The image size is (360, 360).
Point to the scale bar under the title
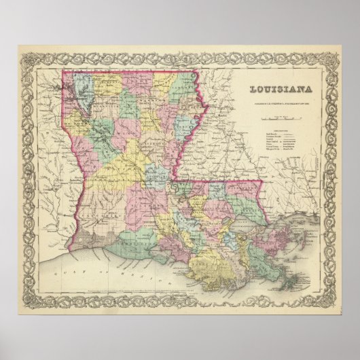pos(279,118)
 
